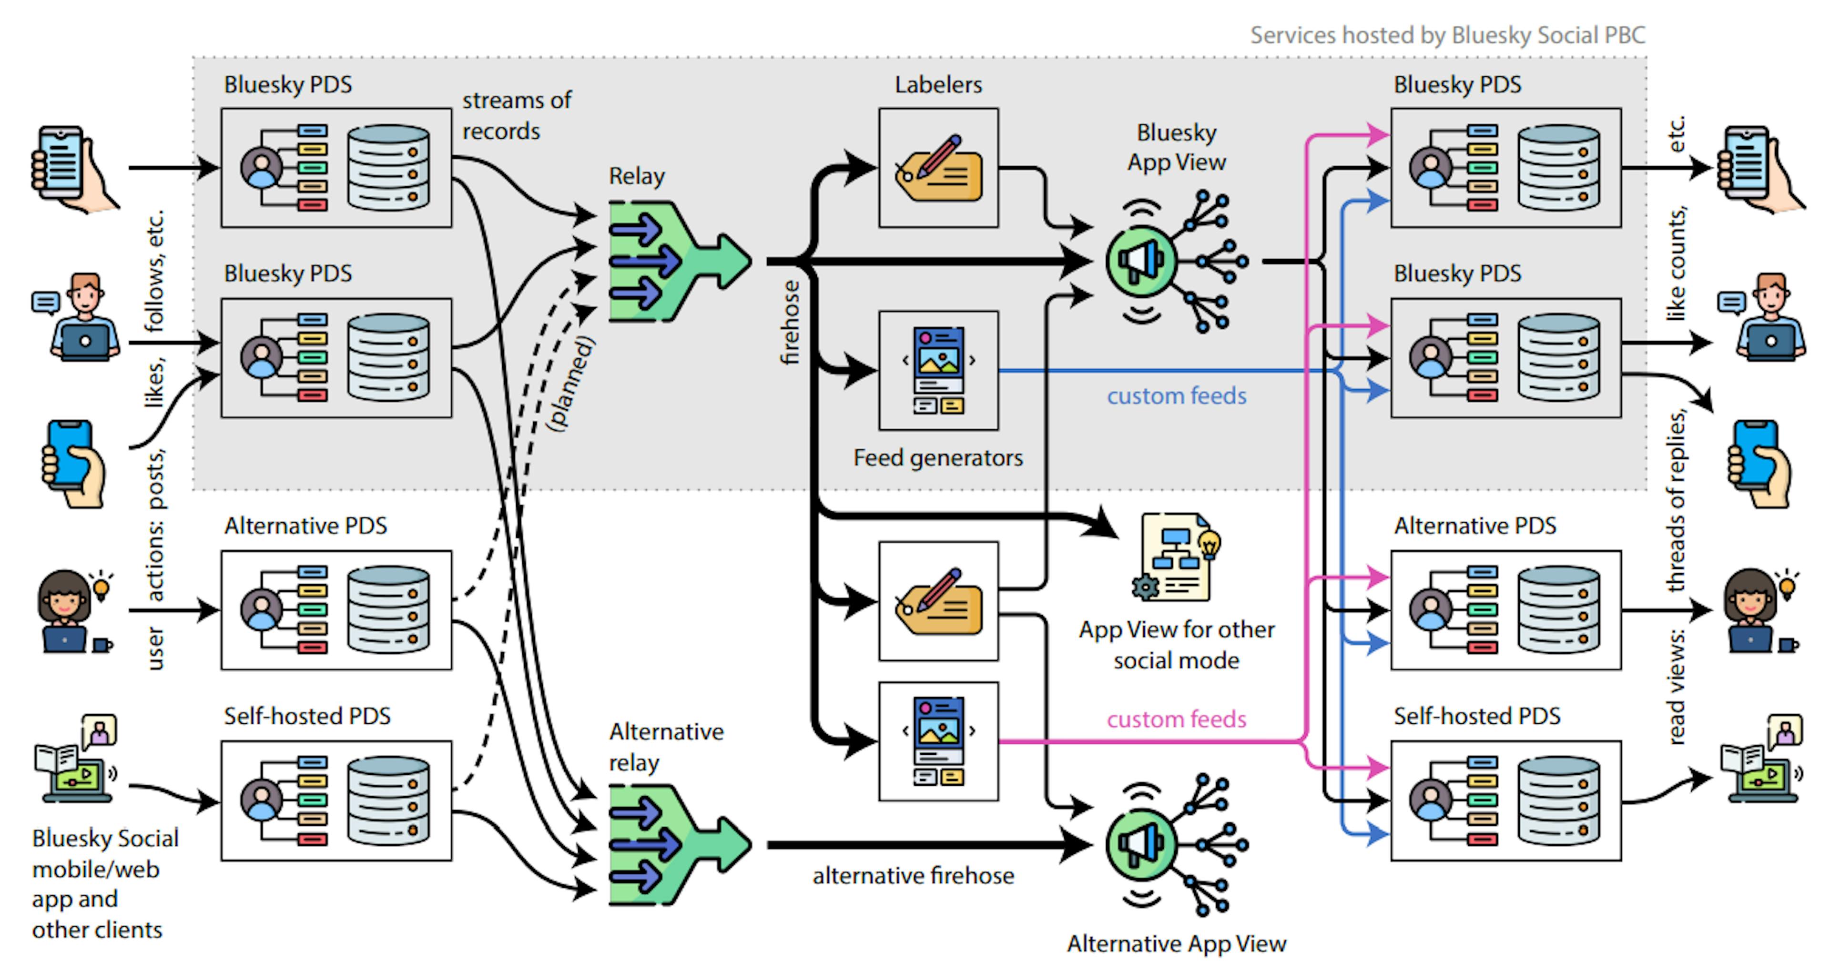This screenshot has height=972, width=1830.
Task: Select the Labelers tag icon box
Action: [938, 168]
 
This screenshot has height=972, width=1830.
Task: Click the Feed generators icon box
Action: [938, 370]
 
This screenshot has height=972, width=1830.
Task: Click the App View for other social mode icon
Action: [1176, 558]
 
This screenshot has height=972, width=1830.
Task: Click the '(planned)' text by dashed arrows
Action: [570, 384]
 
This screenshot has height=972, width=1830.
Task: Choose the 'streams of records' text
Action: [517, 116]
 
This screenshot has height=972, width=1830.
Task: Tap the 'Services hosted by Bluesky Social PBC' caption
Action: [1447, 35]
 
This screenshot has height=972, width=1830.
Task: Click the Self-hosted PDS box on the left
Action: [336, 801]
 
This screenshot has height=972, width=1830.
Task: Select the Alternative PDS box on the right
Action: [1505, 609]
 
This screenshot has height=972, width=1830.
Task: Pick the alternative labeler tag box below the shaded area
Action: [938, 601]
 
